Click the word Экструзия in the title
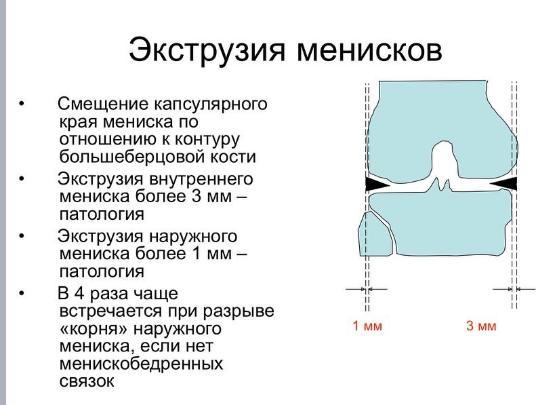click(207, 50)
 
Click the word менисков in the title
click(369, 51)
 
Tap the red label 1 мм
click(367, 326)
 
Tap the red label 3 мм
click(481, 326)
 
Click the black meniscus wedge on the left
click(375, 185)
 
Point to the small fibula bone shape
click(375, 235)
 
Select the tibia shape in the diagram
click(440, 223)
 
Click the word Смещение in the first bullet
click(103, 104)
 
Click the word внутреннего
click(201, 179)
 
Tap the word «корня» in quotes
click(94, 329)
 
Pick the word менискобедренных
click(141, 364)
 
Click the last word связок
click(87, 381)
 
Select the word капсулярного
click(210, 104)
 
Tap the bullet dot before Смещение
click(22, 104)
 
